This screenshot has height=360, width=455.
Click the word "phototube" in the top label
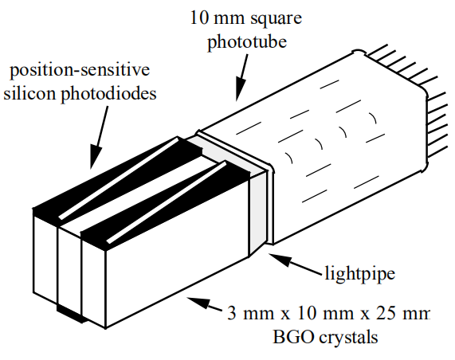coord(247,42)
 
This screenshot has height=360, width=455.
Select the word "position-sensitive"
coord(80,70)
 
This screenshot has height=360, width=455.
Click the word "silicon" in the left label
coord(30,93)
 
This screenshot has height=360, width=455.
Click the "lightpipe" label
coord(360,273)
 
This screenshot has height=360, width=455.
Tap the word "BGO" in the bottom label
coord(293,337)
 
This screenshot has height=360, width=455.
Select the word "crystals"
coord(348,338)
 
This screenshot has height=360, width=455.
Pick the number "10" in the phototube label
coord(200,18)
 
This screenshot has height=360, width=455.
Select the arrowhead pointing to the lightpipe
coord(280,259)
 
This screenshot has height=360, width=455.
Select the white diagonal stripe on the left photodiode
coord(119,178)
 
